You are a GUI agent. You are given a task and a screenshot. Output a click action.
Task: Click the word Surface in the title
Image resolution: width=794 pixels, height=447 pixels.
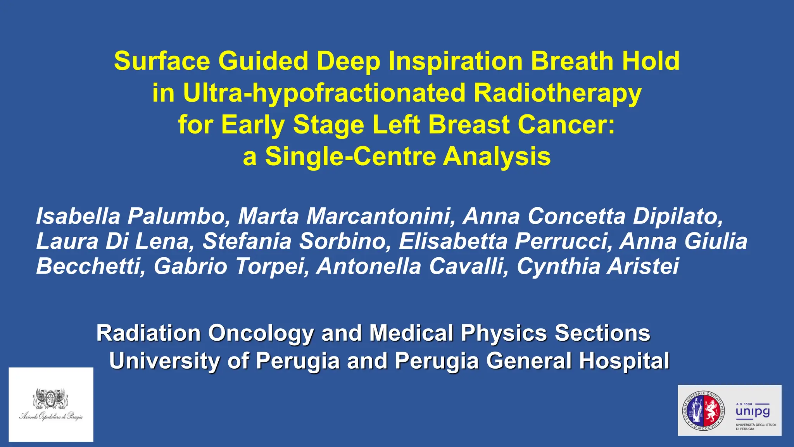(162, 61)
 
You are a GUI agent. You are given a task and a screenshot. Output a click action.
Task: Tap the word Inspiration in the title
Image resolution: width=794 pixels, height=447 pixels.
(455, 61)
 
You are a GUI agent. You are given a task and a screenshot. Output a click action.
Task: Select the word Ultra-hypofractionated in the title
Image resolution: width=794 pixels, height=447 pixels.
(324, 93)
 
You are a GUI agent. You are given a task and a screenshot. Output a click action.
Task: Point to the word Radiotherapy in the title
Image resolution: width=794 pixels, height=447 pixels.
(558, 93)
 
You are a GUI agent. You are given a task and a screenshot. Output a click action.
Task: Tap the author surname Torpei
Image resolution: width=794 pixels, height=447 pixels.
(272, 267)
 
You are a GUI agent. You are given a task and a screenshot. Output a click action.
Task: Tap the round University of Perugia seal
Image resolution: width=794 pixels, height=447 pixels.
(703, 411)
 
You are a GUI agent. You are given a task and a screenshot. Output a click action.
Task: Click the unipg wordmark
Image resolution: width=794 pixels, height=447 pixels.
(753, 411)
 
